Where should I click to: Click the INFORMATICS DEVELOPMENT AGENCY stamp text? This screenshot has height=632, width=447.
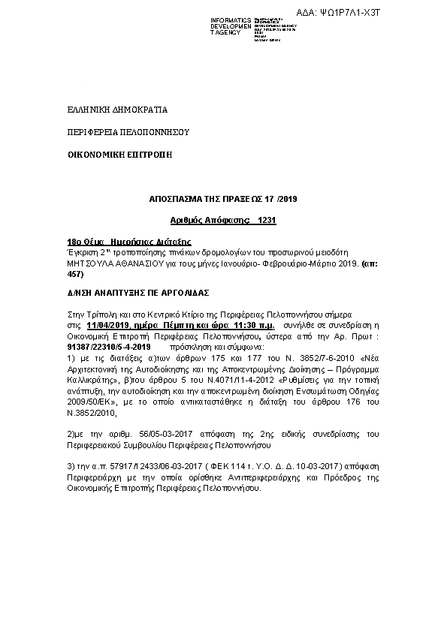(231, 26)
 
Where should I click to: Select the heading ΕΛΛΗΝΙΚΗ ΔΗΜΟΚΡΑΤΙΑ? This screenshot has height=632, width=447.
(112, 110)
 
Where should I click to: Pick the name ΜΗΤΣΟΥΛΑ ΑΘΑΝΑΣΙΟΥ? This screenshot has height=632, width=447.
(113, 263)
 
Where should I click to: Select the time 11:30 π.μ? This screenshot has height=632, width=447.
(254, 327)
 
